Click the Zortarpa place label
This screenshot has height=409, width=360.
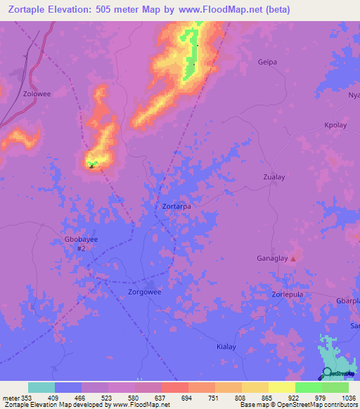[176, 207]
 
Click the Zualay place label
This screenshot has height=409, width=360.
[274, 178]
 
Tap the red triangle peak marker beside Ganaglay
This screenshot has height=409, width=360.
[294, 259]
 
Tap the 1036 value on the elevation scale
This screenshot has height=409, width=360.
[347, 398]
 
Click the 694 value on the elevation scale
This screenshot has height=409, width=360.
[187, 398]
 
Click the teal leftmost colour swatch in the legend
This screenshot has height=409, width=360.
[41, 387]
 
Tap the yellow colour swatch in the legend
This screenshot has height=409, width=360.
[281, 387]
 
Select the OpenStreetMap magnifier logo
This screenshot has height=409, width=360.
[328, 373]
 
